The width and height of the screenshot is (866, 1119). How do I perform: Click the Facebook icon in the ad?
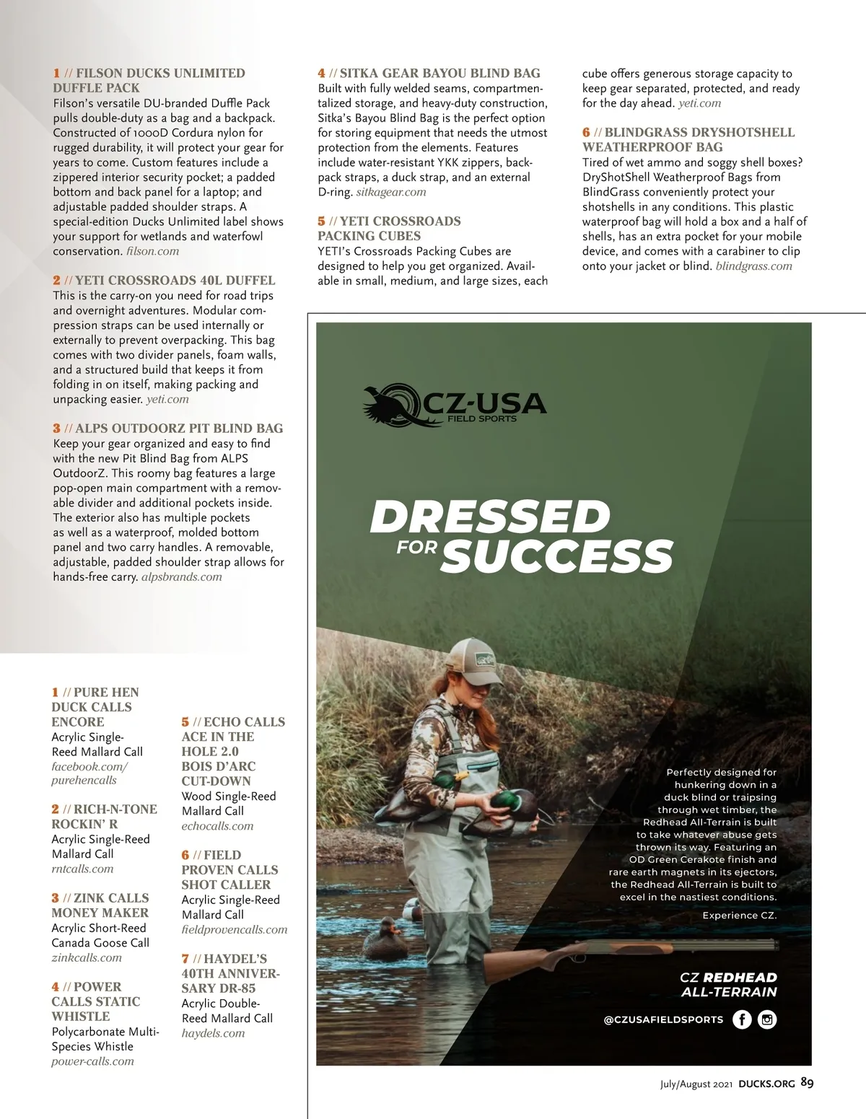742,1019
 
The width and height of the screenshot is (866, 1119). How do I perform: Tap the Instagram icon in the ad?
767,1019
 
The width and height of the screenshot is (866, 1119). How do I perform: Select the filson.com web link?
152,251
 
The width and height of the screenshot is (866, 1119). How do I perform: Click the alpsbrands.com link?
182,576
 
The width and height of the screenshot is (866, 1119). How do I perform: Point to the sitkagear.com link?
390,192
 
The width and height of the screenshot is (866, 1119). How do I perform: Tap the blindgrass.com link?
753,266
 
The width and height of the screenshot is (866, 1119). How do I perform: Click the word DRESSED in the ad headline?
489,517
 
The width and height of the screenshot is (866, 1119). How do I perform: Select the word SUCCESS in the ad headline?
556,556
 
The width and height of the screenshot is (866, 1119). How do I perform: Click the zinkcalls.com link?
87,957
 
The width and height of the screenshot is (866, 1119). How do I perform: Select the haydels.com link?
213,1032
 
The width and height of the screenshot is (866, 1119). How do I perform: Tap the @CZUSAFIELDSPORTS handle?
663,1019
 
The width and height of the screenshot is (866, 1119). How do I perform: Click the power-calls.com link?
92,1061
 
